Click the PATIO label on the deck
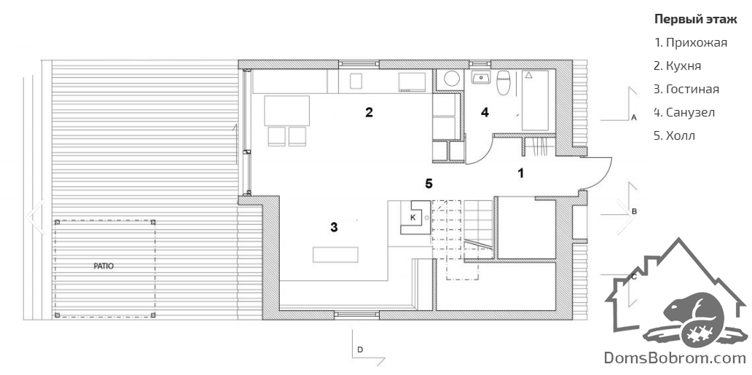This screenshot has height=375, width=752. click(103, 266)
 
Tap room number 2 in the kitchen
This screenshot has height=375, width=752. click(369, 113)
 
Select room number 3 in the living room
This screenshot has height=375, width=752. click(334, 227)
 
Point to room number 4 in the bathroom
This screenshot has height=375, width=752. click(485, 113)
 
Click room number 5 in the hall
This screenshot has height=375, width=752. click(429, 183)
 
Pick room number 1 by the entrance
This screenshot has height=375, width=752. click(521, 173)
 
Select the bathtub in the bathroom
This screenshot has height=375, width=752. click(535, 100)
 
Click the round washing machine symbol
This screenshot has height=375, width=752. click(451, 79)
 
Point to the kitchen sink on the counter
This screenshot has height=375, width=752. click(356, 81)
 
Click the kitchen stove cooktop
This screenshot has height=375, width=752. click(412, 82)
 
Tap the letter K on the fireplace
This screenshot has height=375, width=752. click(412, 218)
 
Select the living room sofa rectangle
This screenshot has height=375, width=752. click(336, 254)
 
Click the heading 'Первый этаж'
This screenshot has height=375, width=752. click(689, 19)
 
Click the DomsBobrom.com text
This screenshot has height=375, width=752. click(674, 358)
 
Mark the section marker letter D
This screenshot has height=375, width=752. click(360, 350)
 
